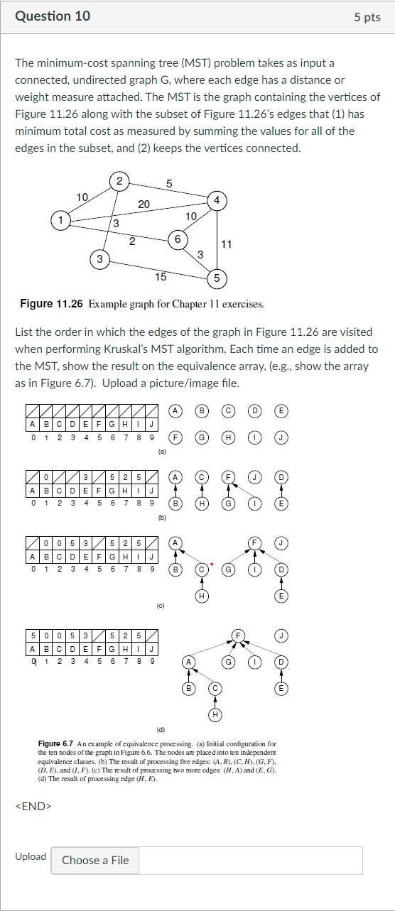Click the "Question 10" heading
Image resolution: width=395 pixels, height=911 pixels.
53,16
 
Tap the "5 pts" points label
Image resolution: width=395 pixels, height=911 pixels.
367,17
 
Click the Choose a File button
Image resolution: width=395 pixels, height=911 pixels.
95,860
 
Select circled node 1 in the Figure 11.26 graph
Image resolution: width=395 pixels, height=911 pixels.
62,220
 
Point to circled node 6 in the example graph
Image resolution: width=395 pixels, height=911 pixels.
177,239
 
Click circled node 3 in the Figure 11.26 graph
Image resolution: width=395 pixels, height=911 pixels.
99,260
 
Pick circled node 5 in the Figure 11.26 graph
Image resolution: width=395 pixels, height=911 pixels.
216,277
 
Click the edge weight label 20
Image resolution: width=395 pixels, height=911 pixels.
144,204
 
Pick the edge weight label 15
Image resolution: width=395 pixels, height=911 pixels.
161,276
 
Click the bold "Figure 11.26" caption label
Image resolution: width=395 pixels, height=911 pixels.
52,304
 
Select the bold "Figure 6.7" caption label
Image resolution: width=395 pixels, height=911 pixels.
54,742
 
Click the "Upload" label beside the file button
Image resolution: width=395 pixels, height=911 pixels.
31,856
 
